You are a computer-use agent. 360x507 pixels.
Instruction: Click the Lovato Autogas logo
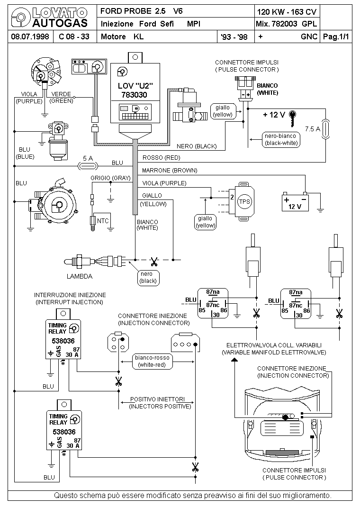[49, 18]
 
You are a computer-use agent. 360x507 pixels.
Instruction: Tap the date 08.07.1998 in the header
[30, 36]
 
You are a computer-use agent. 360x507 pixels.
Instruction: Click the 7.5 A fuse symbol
[326, 129]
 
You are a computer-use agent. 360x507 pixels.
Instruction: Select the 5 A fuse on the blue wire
[88, 166]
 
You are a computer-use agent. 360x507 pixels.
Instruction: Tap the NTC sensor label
[103, 221]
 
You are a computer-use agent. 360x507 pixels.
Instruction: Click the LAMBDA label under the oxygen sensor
[80, 276]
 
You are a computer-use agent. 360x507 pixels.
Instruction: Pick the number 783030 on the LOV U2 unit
[134, 95]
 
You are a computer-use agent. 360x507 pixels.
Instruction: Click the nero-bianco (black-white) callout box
[281, 140]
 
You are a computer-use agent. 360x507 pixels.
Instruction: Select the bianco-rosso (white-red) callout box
[152, 361]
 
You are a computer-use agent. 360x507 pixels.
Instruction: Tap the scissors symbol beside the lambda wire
[154, 261]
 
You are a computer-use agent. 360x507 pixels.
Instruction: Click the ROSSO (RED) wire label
[161, 158]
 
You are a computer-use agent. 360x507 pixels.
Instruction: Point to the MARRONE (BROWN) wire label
[170, 171]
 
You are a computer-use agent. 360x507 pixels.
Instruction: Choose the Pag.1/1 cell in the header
[336, 36]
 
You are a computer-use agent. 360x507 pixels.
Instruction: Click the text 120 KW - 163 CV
[287, 12]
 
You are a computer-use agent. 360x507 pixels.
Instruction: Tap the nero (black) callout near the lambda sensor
[148, 277]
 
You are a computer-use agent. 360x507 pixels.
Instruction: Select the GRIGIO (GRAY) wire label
[110, 178]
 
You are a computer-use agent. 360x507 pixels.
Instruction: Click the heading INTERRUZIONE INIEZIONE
[70, 295]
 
